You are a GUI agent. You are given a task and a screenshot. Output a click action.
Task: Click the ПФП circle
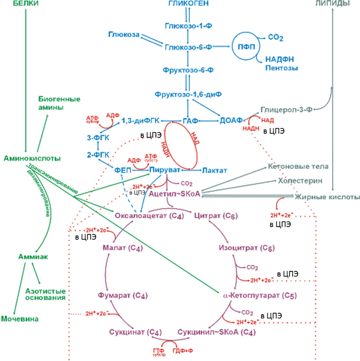click(x=246, y=46)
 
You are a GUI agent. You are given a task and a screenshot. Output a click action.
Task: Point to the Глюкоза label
click(x=123, y=34)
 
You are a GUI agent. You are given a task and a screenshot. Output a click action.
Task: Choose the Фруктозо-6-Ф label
click(x=189, y=68)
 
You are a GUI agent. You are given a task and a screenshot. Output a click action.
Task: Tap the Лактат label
click(x=214, y=169)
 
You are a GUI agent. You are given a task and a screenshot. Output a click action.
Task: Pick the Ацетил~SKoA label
click(x=174, y=194)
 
